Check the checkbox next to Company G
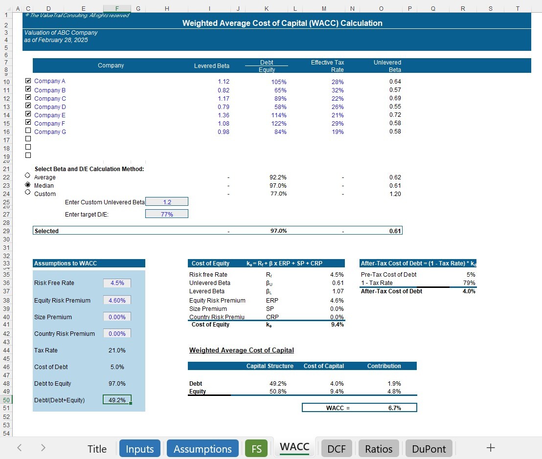[28, 131]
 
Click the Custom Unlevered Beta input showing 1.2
[167, 202]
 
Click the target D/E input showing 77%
[167, 214]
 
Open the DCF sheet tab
[337, 449]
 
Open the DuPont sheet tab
[429, 449]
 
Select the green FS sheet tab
[256, 449]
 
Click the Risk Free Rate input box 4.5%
[117, 283]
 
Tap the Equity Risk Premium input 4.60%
[117, 301]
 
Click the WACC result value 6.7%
[395, 408]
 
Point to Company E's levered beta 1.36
[223, 115]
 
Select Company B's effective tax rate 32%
[338, 90]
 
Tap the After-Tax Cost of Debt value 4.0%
[468, 291]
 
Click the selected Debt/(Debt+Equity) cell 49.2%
[117, 400]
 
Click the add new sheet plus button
[491, 448]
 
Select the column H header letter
[167, 8]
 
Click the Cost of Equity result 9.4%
[337, 325]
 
